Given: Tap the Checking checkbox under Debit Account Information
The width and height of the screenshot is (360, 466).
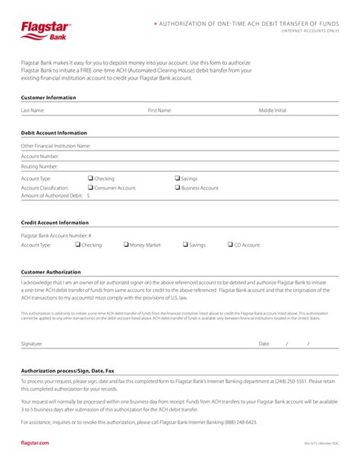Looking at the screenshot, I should click(x=90, y=178).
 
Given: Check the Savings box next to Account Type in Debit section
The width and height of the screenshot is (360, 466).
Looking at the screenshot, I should click(x=178, y=178).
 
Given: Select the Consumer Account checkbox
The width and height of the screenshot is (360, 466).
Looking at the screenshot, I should click(x=90, y=187).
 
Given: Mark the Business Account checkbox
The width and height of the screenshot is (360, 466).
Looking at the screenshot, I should click(x=178, y=187).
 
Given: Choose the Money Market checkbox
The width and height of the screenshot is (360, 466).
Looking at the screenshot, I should click(x=126, y=245).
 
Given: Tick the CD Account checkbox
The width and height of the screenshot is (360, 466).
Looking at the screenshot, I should click(x=230, y=245).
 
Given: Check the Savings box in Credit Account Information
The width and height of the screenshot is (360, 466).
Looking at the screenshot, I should click(x=185, y=245).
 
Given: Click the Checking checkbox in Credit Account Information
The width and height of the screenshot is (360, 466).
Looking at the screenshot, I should click(x=77, y=245).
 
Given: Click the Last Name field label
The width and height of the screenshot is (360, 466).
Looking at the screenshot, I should click(x=33, y=110).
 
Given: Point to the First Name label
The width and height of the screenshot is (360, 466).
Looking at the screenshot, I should click(x=159, y=110).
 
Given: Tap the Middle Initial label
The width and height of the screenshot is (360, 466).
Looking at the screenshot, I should click(x=273, y=110).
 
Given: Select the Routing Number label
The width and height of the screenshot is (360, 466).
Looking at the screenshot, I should click(x=39, y=166).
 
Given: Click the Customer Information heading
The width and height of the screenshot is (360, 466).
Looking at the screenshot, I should click(x=49, y=97).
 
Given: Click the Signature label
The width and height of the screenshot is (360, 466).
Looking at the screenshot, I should click(x=32, y=344).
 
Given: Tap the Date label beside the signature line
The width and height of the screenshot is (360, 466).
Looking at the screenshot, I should click(x=264, y=344).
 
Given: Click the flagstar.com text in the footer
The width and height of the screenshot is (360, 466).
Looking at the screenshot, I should click(x=35, y=442).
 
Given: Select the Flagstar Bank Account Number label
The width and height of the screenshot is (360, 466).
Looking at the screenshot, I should click(x=56, y=236).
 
